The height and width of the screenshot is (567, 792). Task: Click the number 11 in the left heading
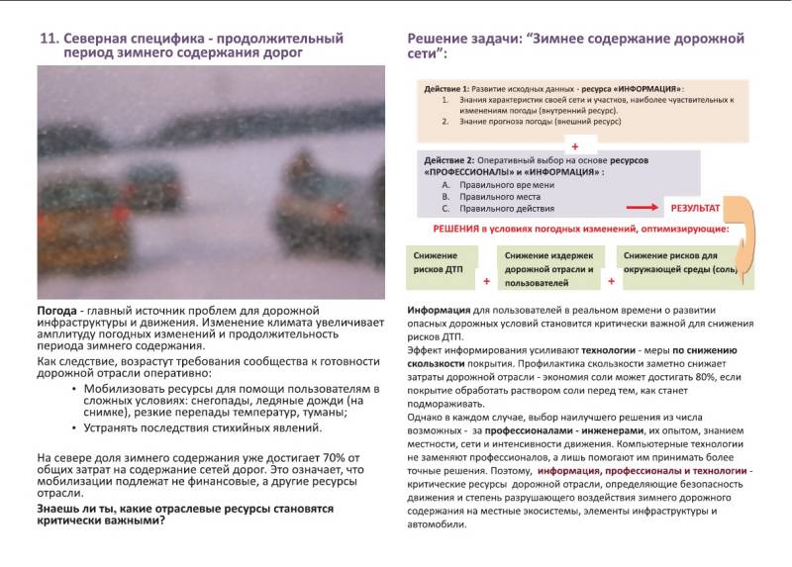47,39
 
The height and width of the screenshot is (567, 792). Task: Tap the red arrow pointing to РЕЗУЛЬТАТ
643,208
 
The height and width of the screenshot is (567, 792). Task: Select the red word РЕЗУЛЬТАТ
695,209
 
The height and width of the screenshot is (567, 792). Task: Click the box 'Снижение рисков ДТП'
440,261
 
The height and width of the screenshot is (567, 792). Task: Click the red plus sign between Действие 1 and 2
573,145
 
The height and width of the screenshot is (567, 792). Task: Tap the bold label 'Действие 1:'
445,89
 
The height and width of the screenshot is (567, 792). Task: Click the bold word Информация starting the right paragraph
439,310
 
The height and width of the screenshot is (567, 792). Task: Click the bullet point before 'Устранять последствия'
75,427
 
